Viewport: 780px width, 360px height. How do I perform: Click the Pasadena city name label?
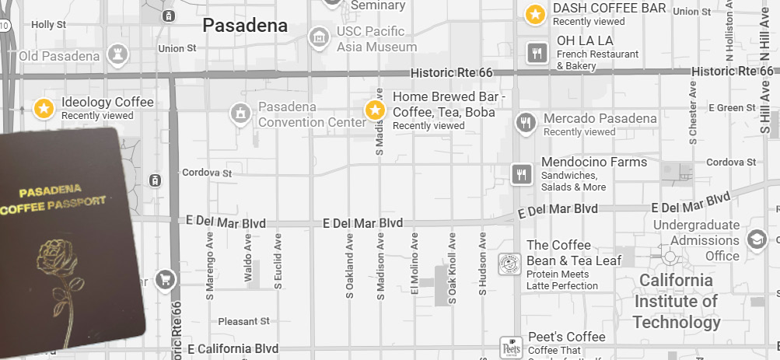245,26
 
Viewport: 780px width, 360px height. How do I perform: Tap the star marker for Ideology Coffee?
44,108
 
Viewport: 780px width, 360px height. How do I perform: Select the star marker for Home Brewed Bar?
376,110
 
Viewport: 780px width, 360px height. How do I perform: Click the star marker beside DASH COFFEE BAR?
535,14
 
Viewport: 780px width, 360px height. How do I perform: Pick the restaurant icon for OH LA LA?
536,53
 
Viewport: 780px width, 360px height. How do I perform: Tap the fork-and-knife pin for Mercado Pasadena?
526,123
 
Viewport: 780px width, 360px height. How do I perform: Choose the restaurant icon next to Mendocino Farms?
521,174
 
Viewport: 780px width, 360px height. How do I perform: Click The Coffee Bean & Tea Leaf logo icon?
509,264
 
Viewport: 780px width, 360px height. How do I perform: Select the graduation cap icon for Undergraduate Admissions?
756,239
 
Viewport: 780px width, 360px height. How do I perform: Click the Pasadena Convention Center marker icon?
240,114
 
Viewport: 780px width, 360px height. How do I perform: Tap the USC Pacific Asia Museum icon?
318,37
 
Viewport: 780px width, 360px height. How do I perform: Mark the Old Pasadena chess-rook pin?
118,54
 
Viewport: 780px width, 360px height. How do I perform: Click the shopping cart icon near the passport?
164,278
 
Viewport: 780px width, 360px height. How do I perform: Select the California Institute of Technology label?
676,301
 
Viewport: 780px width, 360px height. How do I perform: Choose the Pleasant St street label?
243,320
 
